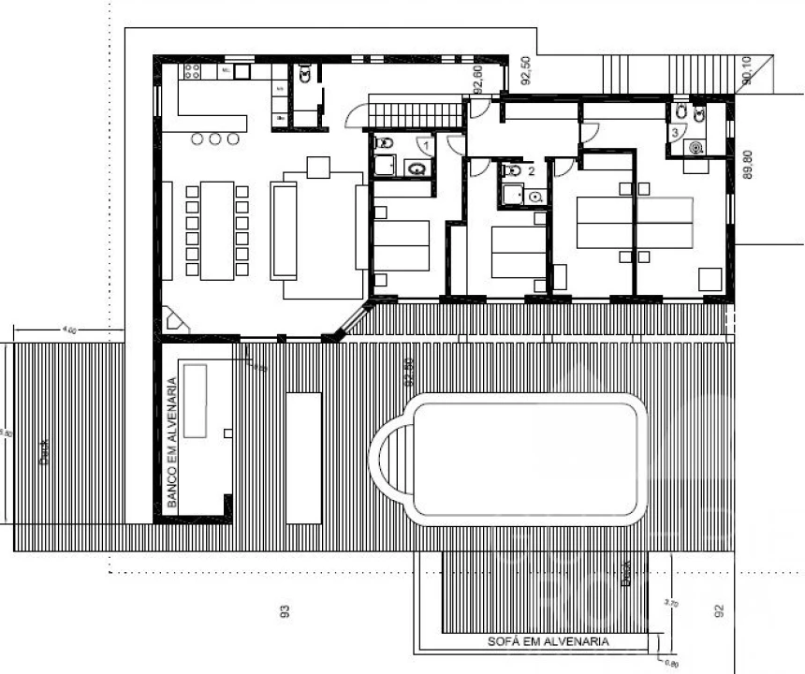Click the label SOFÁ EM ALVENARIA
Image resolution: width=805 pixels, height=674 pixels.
[549, 642]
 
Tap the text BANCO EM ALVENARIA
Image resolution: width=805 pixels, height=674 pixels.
[172, 442]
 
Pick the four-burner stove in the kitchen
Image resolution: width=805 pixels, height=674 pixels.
[193, 70]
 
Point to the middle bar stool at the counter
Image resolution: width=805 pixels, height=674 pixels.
[216, 139]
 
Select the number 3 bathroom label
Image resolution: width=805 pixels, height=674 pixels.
[674, 134]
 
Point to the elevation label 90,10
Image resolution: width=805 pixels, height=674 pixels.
[746, 72]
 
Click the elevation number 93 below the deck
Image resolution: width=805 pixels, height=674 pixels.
[284, 611]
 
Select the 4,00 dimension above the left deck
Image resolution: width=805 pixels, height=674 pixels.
[68, 330]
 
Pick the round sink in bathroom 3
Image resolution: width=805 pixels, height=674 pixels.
[695, 147]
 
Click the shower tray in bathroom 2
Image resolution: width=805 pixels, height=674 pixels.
[511, 195]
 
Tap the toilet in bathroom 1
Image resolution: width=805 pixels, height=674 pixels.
[384, 144]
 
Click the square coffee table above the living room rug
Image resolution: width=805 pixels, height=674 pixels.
[317, 168]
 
